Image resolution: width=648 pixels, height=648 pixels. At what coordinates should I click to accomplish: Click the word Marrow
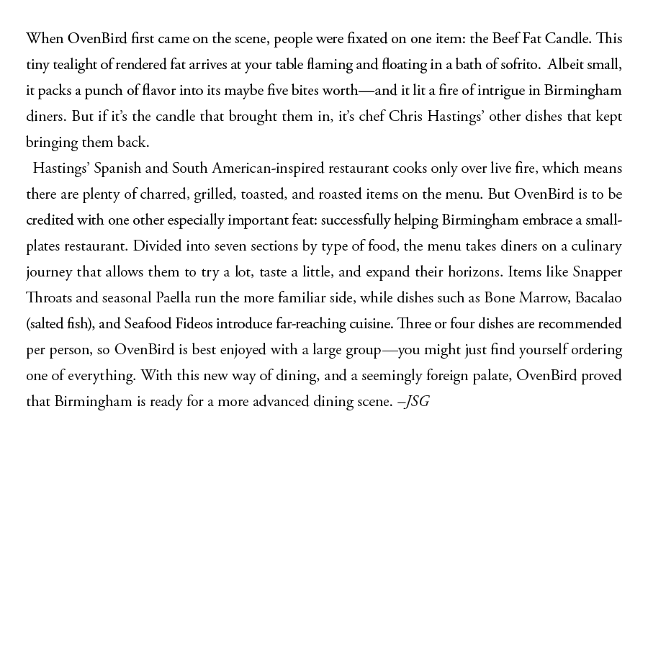541,298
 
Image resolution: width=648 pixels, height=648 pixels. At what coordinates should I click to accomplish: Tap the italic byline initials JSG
417,402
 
